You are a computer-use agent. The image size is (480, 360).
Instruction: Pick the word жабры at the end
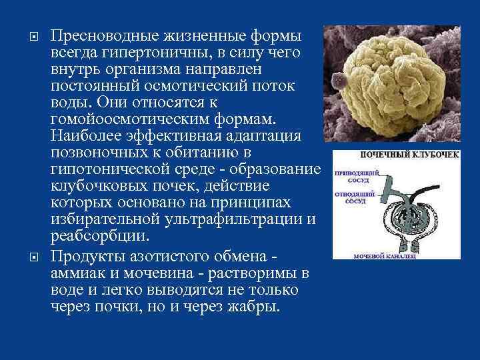coord(254,308)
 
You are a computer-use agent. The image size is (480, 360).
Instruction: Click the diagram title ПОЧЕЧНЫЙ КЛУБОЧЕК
coord(411,155)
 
